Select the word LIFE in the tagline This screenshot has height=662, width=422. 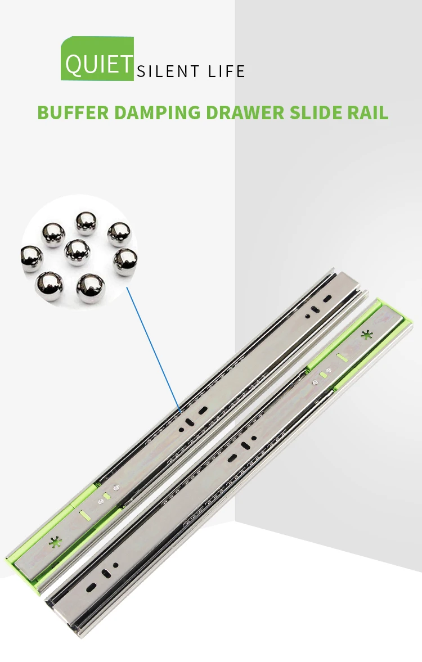coord(226,71)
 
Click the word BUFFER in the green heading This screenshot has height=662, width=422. coord(73,112)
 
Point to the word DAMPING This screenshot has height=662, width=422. coord(157,112)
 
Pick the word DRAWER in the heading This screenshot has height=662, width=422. coord(245,112)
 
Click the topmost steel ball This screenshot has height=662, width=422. coord(86,223)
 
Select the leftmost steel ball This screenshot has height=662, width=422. coord(32,258)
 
